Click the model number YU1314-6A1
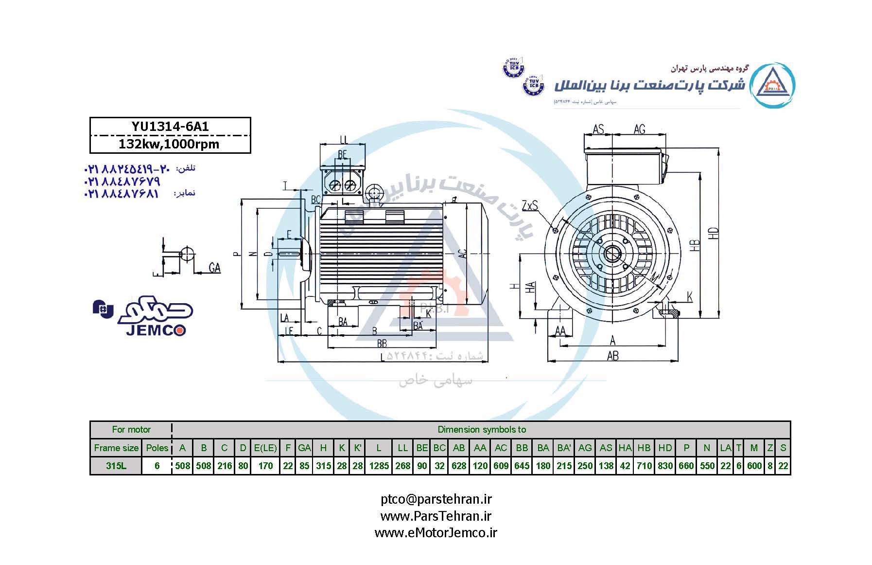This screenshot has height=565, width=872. [170, 127]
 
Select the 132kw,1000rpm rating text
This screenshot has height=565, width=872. [169, 144]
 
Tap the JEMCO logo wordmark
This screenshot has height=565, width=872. [156, 330]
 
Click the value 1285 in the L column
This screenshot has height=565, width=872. [379, 466]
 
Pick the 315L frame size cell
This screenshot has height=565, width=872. [116, 466]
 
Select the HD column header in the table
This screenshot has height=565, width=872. [665, 448]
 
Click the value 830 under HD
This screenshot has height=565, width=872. [665, 466]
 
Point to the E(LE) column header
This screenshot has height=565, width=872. [265, 448]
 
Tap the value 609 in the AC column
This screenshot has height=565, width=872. [501, 466]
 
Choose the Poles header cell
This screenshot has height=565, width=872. [157, 448]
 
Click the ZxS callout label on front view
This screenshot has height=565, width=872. [530, 206]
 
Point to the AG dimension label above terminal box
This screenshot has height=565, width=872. [640, 129]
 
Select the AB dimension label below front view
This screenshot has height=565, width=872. [612, 356]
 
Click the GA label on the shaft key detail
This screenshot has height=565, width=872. [214, 268]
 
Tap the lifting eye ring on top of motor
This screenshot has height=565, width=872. [374, 191]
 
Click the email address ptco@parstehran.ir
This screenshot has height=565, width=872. [436, 499]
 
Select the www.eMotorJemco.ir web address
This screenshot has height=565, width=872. [436, 533]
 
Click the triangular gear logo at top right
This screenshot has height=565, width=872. [772, 85]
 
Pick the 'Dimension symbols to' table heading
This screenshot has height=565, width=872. [482, 430]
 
